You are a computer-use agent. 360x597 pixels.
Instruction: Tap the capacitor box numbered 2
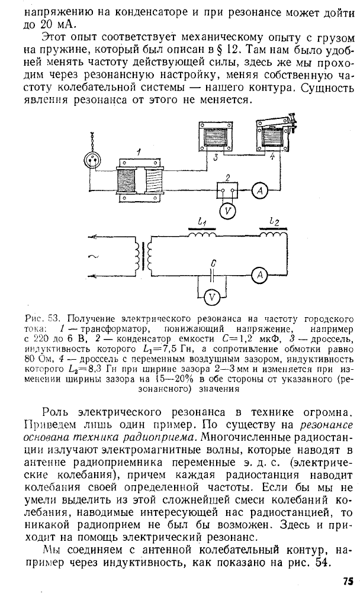(x=227, y=189)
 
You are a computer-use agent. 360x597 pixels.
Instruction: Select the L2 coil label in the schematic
(x=273, y=221)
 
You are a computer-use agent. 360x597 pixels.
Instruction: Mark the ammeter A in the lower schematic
(x=258, y=274)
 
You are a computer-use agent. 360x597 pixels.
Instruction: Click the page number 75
(x=348, y=581)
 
